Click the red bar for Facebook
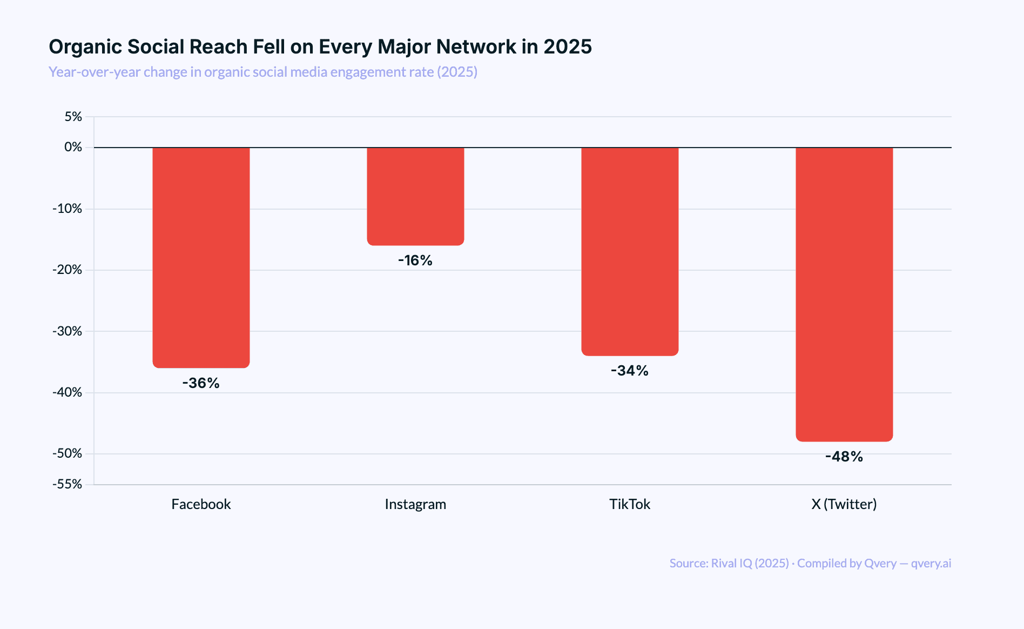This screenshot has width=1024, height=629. pos(201,257)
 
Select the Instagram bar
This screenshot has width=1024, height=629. pos(415,196)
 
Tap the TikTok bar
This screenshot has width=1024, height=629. pos(630,251)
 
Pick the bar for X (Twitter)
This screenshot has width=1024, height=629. pos(844,295)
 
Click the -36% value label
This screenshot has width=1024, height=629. pos(201,383)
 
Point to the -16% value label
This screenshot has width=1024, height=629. pos(415,260)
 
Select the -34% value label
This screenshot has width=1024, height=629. pos(630,371)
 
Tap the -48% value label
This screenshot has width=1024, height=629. pos(844,457)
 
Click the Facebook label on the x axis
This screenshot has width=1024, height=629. pos(201,504)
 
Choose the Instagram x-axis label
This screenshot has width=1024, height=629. pos(415,504)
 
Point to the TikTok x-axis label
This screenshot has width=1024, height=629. pos(630,504)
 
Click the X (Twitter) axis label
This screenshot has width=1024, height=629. pos(844,504)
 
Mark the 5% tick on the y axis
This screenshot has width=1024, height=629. pos(73,117)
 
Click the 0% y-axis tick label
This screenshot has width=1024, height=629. pos(73,147)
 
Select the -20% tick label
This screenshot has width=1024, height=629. pos(68,270)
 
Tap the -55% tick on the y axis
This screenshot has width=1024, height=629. pos(68,484)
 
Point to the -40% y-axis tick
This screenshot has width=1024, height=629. pos(68,392)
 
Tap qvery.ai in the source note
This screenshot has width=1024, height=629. pos(931,563)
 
